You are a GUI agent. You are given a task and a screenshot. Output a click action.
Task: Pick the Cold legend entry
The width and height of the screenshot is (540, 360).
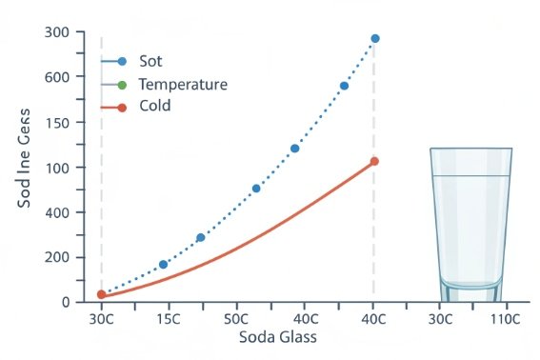click(154, 106)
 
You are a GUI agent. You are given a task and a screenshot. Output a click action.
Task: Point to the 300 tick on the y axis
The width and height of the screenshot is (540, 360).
click(58, 32)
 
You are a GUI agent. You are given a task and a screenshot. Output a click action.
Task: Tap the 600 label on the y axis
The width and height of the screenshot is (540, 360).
click(58, 78)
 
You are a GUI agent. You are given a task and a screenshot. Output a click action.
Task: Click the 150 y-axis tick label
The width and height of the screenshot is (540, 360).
click(58, 123)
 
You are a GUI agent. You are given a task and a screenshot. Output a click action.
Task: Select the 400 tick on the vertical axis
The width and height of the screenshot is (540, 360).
click(58, 212)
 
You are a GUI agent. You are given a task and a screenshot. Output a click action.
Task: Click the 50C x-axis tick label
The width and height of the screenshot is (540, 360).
click(237, 319)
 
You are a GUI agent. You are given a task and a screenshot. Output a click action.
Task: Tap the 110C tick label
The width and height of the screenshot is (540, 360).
click(505, 319)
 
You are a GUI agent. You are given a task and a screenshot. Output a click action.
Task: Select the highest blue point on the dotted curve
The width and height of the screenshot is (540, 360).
click(375, 38)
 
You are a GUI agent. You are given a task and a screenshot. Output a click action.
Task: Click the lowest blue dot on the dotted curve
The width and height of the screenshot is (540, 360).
click(163, 264)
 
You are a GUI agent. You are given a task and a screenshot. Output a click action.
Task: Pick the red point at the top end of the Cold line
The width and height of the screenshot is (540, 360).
click(374, 161)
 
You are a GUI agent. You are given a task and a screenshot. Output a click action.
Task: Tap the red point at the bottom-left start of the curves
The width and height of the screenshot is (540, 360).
click(102, 295)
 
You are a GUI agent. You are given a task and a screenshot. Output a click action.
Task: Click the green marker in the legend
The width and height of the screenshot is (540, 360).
click(121, 84)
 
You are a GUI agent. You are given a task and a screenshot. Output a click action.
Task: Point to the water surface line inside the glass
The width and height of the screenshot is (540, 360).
click(470, 176)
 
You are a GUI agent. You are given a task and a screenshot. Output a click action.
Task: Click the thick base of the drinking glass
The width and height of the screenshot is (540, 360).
click(470, 292)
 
